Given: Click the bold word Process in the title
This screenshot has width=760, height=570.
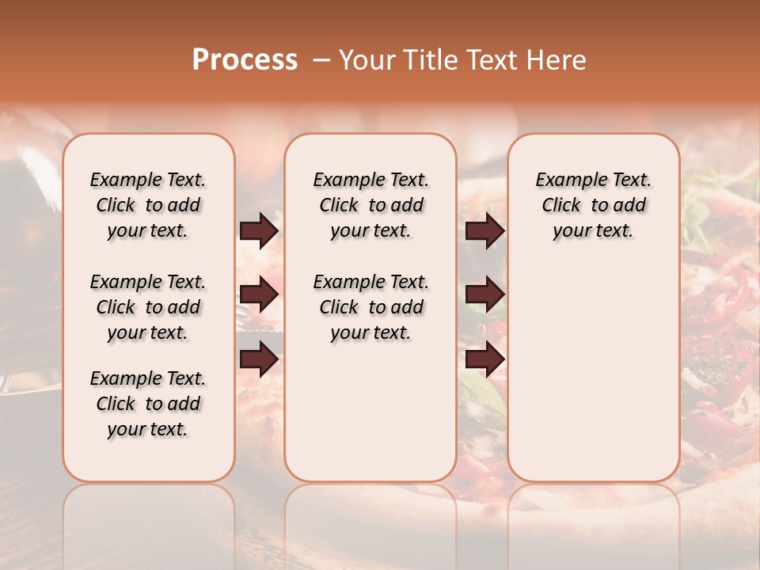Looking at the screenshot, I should point(245,59).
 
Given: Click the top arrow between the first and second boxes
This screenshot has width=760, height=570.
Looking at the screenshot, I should point(259,231).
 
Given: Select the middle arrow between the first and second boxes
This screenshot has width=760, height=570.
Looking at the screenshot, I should point(259,295).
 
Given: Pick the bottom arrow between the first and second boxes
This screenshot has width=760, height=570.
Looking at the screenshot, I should point(259,359).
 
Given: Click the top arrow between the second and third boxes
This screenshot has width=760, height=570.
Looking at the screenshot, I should point(484,231).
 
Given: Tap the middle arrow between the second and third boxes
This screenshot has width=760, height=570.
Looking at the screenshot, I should point(484,295).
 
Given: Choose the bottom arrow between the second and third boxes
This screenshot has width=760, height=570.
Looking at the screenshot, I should point(484,359).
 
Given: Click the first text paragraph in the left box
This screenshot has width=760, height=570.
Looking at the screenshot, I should point(148,205).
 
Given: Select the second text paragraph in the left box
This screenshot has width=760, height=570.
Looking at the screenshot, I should point(148,307).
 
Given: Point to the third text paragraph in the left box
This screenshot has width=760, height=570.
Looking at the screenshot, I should point(148,404).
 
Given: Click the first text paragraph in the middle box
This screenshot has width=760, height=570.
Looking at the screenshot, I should point(370,205).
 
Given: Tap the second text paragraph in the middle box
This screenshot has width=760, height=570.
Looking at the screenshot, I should point(370,307).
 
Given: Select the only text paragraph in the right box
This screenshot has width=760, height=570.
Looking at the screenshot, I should point(593,205).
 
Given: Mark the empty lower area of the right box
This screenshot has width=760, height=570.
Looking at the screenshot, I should point(593,372).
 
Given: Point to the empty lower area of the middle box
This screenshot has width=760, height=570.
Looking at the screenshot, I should point(370,412).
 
